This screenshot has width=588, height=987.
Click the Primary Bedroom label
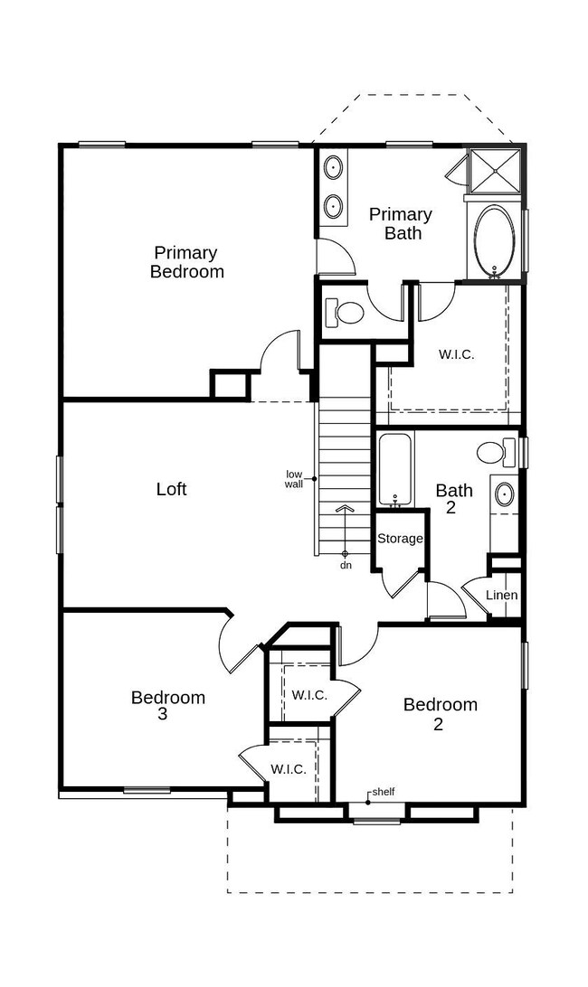[x=187, y=262]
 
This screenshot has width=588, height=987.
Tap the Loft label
[x=171, y=489]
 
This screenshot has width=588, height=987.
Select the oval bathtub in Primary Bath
[x=494, y=241]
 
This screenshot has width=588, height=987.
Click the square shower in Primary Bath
[x=495, y=169]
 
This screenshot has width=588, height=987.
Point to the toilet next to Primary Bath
[x=344, y=312]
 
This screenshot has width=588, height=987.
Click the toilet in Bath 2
[x=497, y=452]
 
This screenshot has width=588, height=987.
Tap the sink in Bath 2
[x=504, y=494]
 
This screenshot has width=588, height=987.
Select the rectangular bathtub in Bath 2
[x=395, y=470]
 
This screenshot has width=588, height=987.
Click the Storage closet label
[x=400, y=539]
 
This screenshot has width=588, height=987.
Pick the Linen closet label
[x=502, y=595]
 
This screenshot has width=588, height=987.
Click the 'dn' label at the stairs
[x=346, y=565]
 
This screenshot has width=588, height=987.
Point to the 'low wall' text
[x=294, y=479]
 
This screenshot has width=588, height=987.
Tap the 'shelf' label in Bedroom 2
[x=384, y=792]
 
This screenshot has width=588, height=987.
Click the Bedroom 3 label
[x=168, y=706]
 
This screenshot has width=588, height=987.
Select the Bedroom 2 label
[x=440, y=714]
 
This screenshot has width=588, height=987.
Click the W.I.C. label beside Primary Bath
[x=456, y=354]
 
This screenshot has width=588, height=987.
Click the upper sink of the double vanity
[x=333, y=169]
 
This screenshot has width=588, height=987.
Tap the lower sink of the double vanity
[x=333, y=206]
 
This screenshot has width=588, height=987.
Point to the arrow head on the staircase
[x=345, y=507]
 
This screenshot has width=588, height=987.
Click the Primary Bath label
[x=401, y=224]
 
